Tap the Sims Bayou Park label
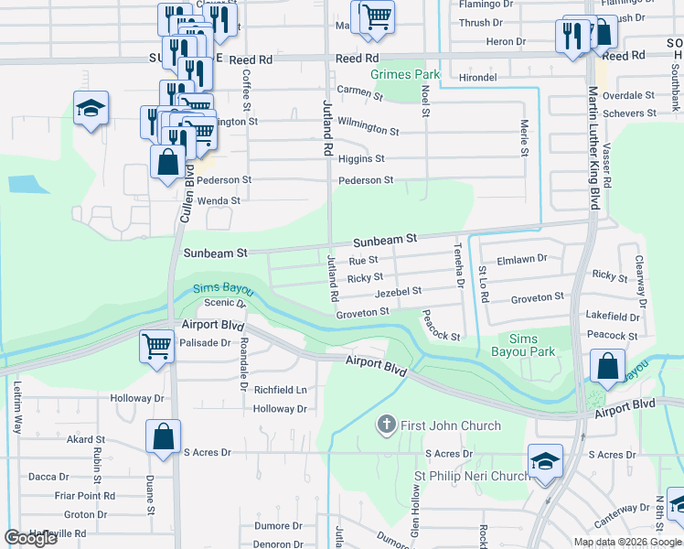(x=531, y=345)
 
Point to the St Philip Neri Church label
(x=472, y=476)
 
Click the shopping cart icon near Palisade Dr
(x=156, y=347)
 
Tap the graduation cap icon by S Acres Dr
(x=545, y=460)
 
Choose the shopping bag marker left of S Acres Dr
(x=163, y=436)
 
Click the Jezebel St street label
(x=398, y=291)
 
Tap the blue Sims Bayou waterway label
(x=219, y=289)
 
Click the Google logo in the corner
(x=31, y=538)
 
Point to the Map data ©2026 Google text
(x=626, y=542)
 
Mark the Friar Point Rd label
(x=84, y=496)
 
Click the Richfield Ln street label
(x=280, y=390)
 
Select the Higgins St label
(x=361, y=159)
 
